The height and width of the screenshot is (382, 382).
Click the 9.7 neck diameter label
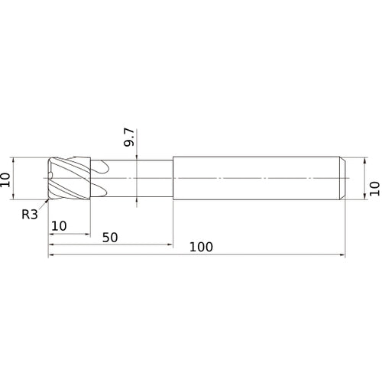(x=129, y=138)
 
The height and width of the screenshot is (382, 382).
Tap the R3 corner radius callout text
(x=30, y=215)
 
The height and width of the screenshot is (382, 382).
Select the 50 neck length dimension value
(x=110, y=238)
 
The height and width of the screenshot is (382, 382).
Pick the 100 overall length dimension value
(x=201, y=247)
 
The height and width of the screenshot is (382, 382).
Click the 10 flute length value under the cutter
(x=59, y=226)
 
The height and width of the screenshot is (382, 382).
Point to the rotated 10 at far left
(x=5, y=180)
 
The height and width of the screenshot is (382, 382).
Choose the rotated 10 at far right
(x=374, y=189)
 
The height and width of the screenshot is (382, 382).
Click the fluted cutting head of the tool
(x=70, y=178)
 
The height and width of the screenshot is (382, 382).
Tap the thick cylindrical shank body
(x=256, y=178)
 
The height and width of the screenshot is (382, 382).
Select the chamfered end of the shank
(x=342, y=178)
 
